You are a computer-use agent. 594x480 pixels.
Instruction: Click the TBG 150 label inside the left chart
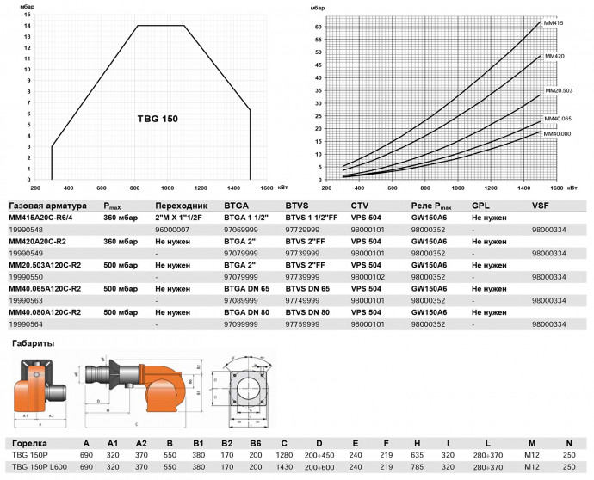pyautogui.click(x=158, y=118)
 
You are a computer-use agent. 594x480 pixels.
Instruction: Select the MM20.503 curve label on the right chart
pyautogui.click(x=556, y=90)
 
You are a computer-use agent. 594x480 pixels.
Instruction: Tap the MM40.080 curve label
pyautogui.click(x=557, y=133)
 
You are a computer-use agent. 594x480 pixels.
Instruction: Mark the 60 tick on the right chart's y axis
pyautogui.click(x=318, y=27)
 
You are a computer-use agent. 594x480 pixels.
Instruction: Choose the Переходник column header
pyautogui.click(x=182, y=206)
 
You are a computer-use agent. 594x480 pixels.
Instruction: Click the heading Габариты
pyautogui.click(x=34, y=343)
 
